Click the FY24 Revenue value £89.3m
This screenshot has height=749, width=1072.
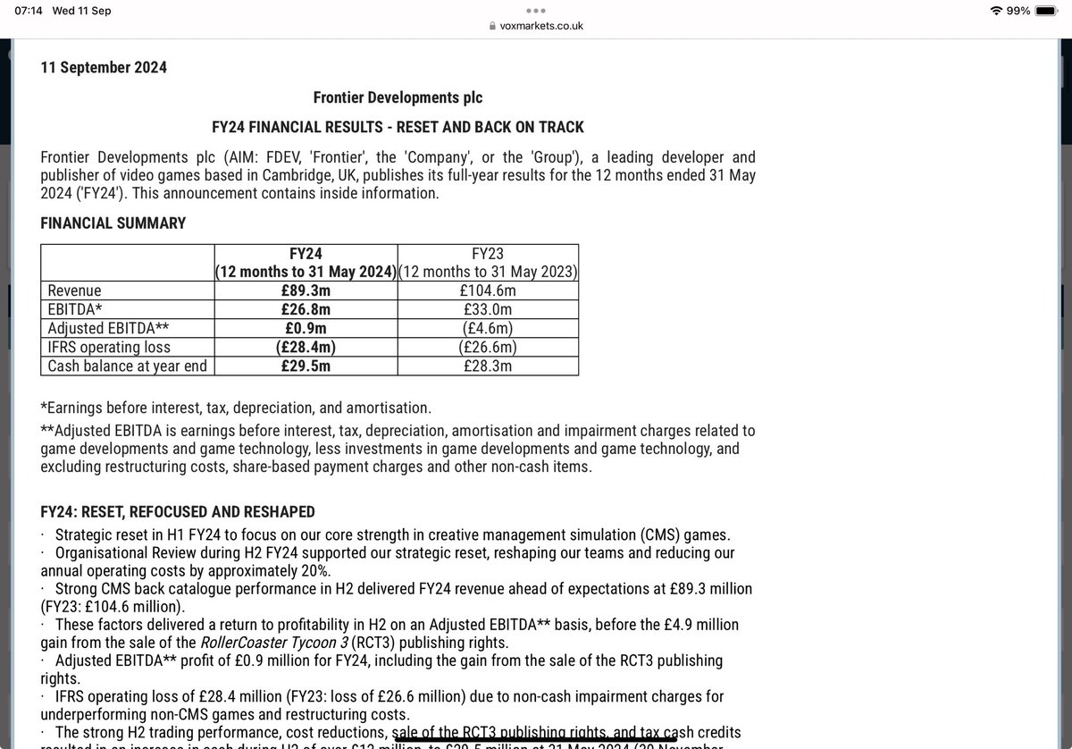point(306,290)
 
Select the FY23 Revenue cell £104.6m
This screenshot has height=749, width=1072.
point(488,290)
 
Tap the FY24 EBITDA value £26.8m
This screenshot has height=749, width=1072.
point(306,309)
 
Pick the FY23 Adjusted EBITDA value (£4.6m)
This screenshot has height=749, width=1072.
point(488,328)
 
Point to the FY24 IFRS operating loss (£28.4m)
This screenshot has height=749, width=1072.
point(306,347)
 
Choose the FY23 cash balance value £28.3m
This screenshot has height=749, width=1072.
point(488,366)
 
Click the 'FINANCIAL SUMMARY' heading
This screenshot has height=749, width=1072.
point(113,223)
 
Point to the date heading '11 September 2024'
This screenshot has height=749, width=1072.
point(104,67)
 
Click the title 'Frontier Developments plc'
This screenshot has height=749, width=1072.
point(398,97)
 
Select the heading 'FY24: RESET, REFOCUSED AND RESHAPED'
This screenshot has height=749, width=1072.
point(178,512)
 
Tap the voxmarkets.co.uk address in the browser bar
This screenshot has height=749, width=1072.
point(541,27)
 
